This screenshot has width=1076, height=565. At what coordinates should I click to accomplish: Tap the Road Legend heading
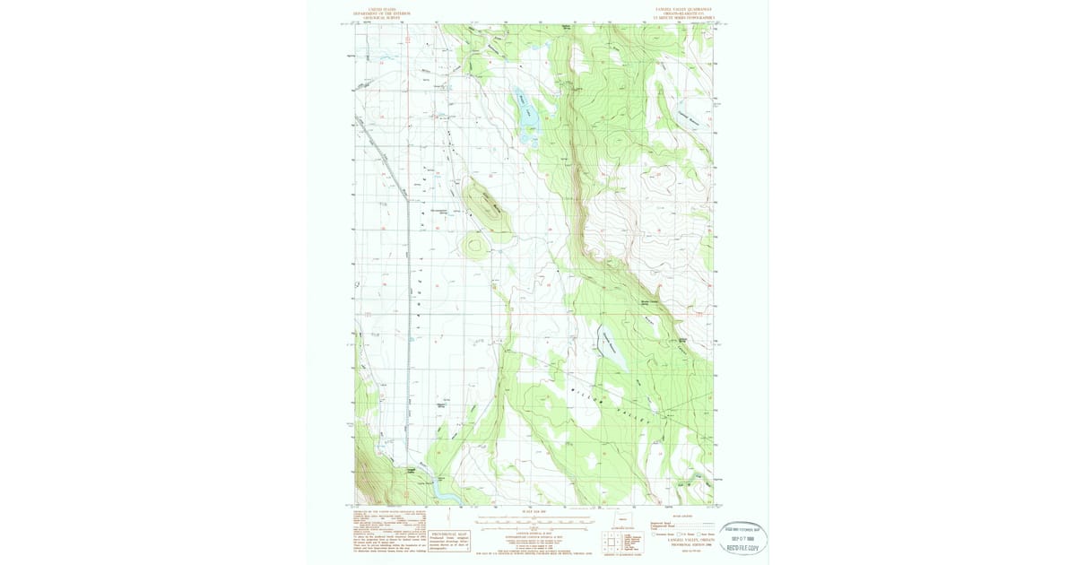click(x=681, y=515)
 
